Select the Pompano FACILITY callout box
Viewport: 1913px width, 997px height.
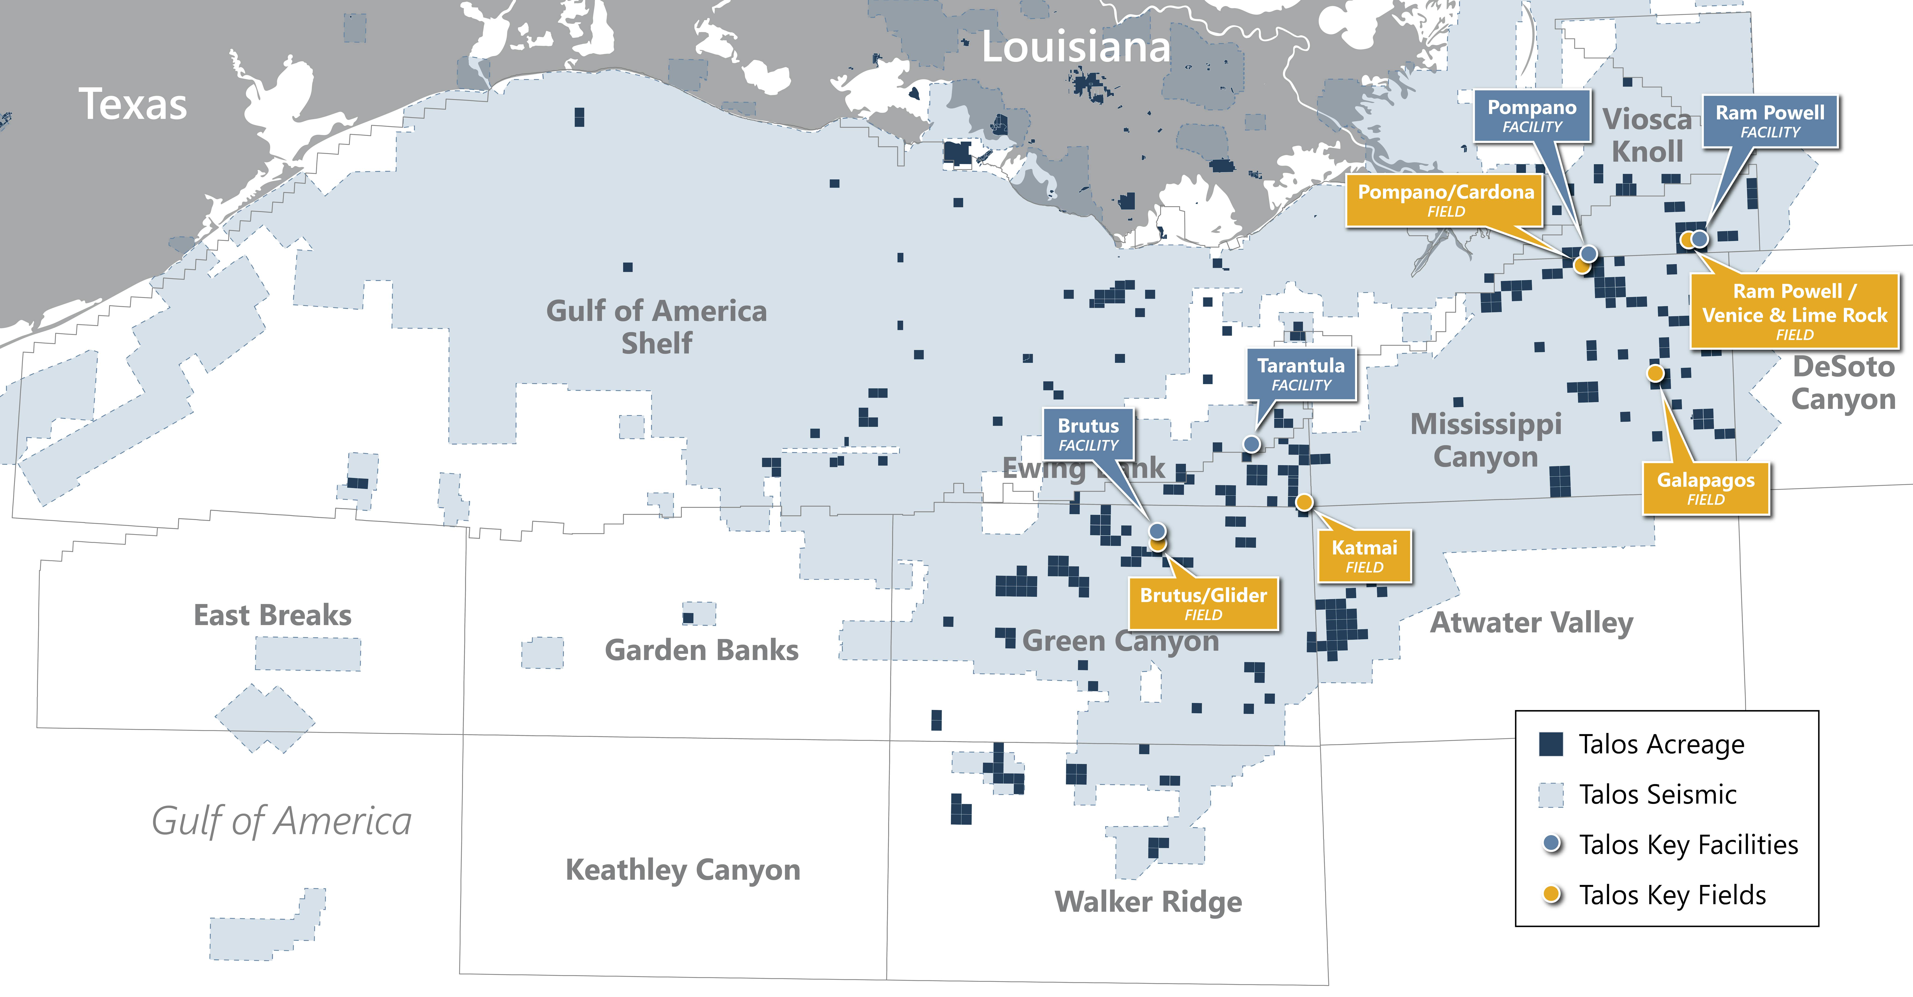pos(1531,116)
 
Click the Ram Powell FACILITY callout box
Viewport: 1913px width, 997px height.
pos(1770,121)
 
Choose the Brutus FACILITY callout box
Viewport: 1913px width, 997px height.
pos(1088,434)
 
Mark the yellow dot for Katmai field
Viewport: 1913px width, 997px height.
pos(1304,503)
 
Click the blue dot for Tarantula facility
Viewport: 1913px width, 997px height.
pos(1251,444)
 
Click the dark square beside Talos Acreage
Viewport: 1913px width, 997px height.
pos(1551,744)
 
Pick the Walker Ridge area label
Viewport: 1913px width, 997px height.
pos(1148,901)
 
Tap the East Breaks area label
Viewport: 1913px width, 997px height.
pos(273,615)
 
